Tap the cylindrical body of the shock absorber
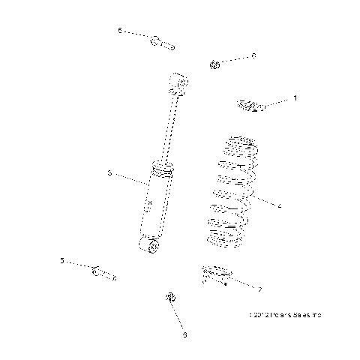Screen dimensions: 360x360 (153, 205)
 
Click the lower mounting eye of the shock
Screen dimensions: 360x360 (149, 245)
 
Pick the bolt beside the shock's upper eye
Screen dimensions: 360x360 (161, 43)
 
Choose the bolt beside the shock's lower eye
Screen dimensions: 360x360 (103, 271)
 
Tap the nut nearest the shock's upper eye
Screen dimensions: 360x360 (214, 64)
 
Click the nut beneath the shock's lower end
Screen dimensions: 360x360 (170, 298)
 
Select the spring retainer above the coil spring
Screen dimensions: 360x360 (251, 105)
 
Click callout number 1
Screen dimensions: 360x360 (295, 97)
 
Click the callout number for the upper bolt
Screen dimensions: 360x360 (119, 31)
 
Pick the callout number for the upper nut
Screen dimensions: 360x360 (253, 55)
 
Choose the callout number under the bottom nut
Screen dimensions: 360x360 (184, 334)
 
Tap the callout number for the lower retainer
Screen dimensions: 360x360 (259, 289)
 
